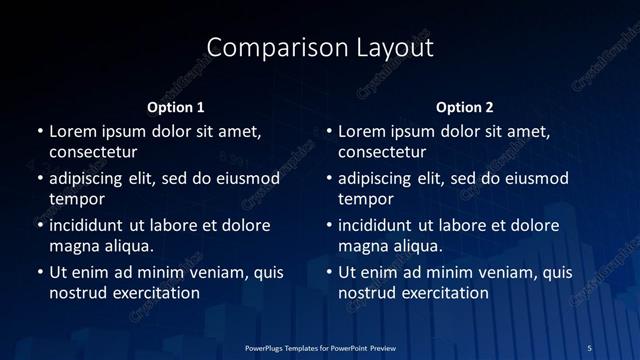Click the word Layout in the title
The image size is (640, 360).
click(x=393, y=48)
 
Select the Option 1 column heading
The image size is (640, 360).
click(x=175, y=107)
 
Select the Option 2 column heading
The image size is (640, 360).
click(x=465, y=107)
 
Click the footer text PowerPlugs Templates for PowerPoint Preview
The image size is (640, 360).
click(x=321, y=346)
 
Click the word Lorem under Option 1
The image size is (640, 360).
click(x=73, y=131)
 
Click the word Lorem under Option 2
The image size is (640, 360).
click(x=362, y=131)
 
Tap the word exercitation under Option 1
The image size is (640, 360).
click(x=155, y=293)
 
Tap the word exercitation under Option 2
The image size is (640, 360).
click(x=444, y=293)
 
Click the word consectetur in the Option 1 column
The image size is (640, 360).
click(x=93, y=153)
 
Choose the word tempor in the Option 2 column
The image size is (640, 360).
click(x=365, y=199)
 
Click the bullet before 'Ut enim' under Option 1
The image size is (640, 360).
click(x=39, y=272)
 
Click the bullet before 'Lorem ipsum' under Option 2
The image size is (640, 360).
click(x=328, y=131)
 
